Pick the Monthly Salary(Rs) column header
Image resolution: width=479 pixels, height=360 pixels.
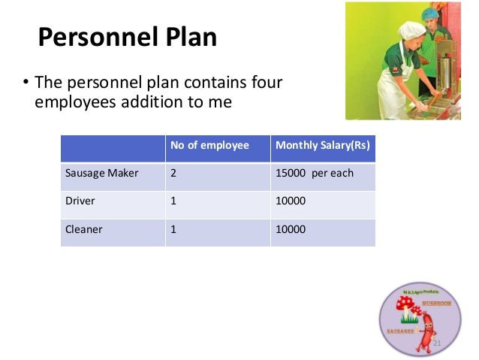[x=323, y=145]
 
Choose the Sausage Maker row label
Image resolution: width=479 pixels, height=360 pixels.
[x=102, y=173]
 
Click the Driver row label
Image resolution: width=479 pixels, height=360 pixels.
[x=81, y=201]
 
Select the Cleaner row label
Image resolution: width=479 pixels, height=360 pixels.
[x=84, y=229]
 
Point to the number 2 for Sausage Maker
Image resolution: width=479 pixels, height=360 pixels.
[x=174, y=173]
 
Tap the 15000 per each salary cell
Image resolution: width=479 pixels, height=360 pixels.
[x=315, y=173]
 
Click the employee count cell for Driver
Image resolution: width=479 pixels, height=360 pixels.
[x=174, y=201]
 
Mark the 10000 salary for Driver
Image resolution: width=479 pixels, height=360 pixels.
[x=291, y=201]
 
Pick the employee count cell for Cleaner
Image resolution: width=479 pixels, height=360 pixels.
[x=174, y=229]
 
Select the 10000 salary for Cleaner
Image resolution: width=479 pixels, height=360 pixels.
[x=291, y=229]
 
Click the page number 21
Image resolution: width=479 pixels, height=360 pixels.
[x=437, y=343]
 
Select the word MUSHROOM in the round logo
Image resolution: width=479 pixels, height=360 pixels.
[x=436, y=304]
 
